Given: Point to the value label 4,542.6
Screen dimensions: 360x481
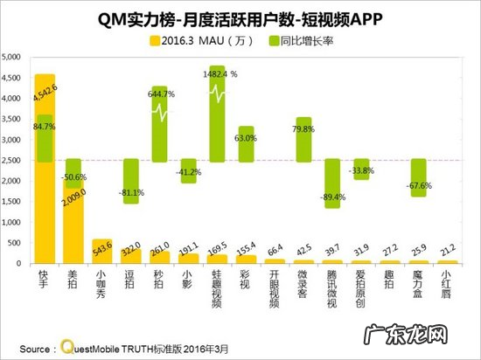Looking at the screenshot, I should click(45, 87).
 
